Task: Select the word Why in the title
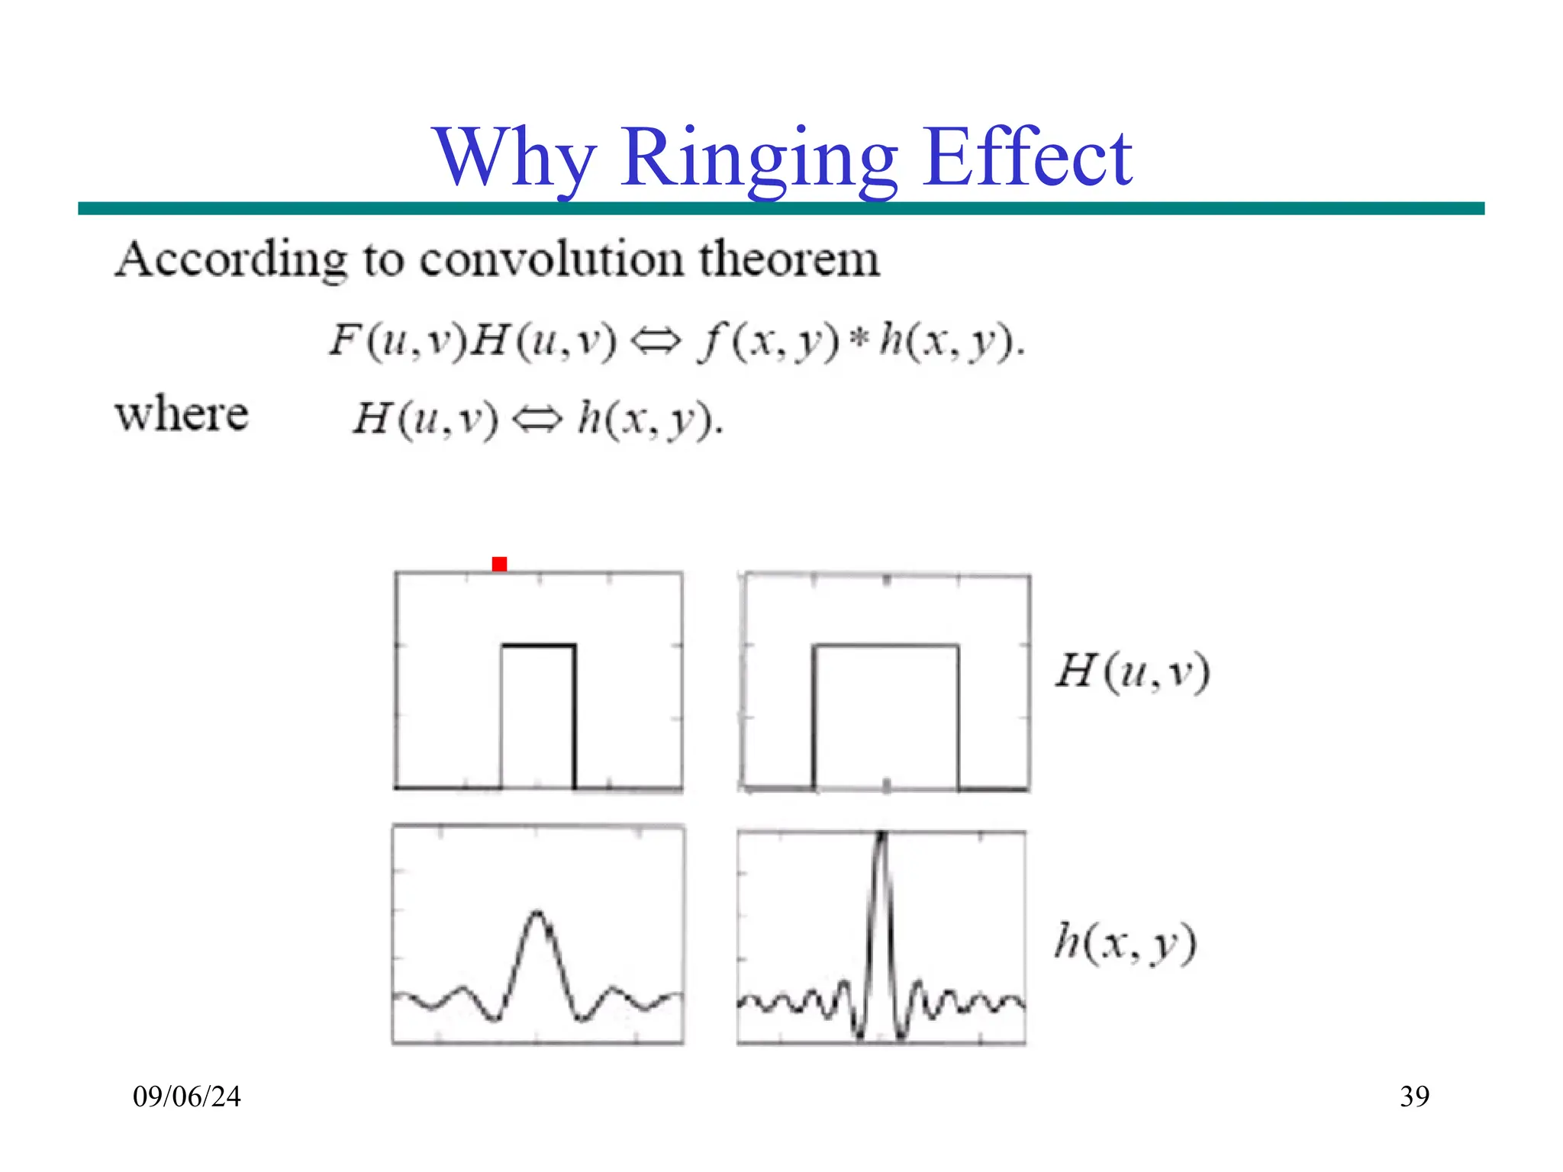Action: click(x=514, y=159)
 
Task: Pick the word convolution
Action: click(x=551, y=259)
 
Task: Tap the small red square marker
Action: click(x=499, y=564)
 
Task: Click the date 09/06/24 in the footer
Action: click(x=187, y=1096)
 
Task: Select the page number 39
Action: click(x=1414, y=1096)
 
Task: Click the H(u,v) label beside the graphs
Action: click(x=1133, y=672)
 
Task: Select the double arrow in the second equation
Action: click(x=537, y=420)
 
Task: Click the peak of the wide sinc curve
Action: click(x=538, y=913)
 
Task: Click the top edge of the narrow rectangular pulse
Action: click(x=538, y=646)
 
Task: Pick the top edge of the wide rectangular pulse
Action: click(x=885, y=646)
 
